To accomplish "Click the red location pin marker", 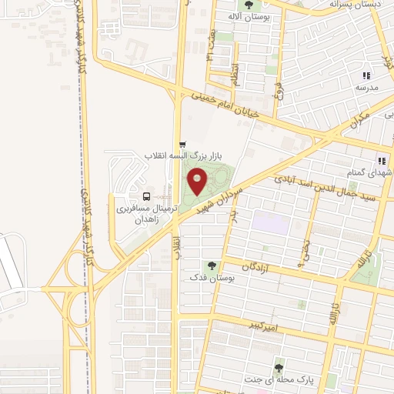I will (198, 182).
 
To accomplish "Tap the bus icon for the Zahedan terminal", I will (147, 195).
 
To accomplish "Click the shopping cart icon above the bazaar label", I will (182, 144).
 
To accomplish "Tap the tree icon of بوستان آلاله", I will (245, 4).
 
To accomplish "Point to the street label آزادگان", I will (259, 265).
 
